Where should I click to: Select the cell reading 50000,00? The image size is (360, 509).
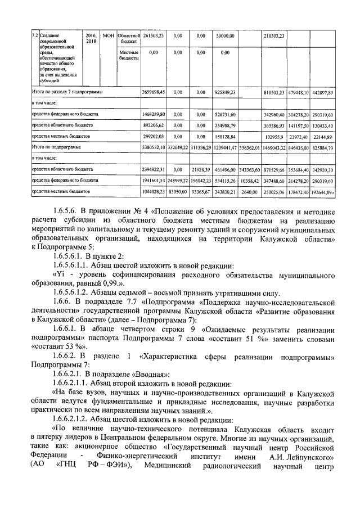[x=225, y=36]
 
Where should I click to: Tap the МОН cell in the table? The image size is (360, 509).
[x=109, y=36]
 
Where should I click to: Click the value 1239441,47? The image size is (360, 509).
[x=225, y=147]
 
